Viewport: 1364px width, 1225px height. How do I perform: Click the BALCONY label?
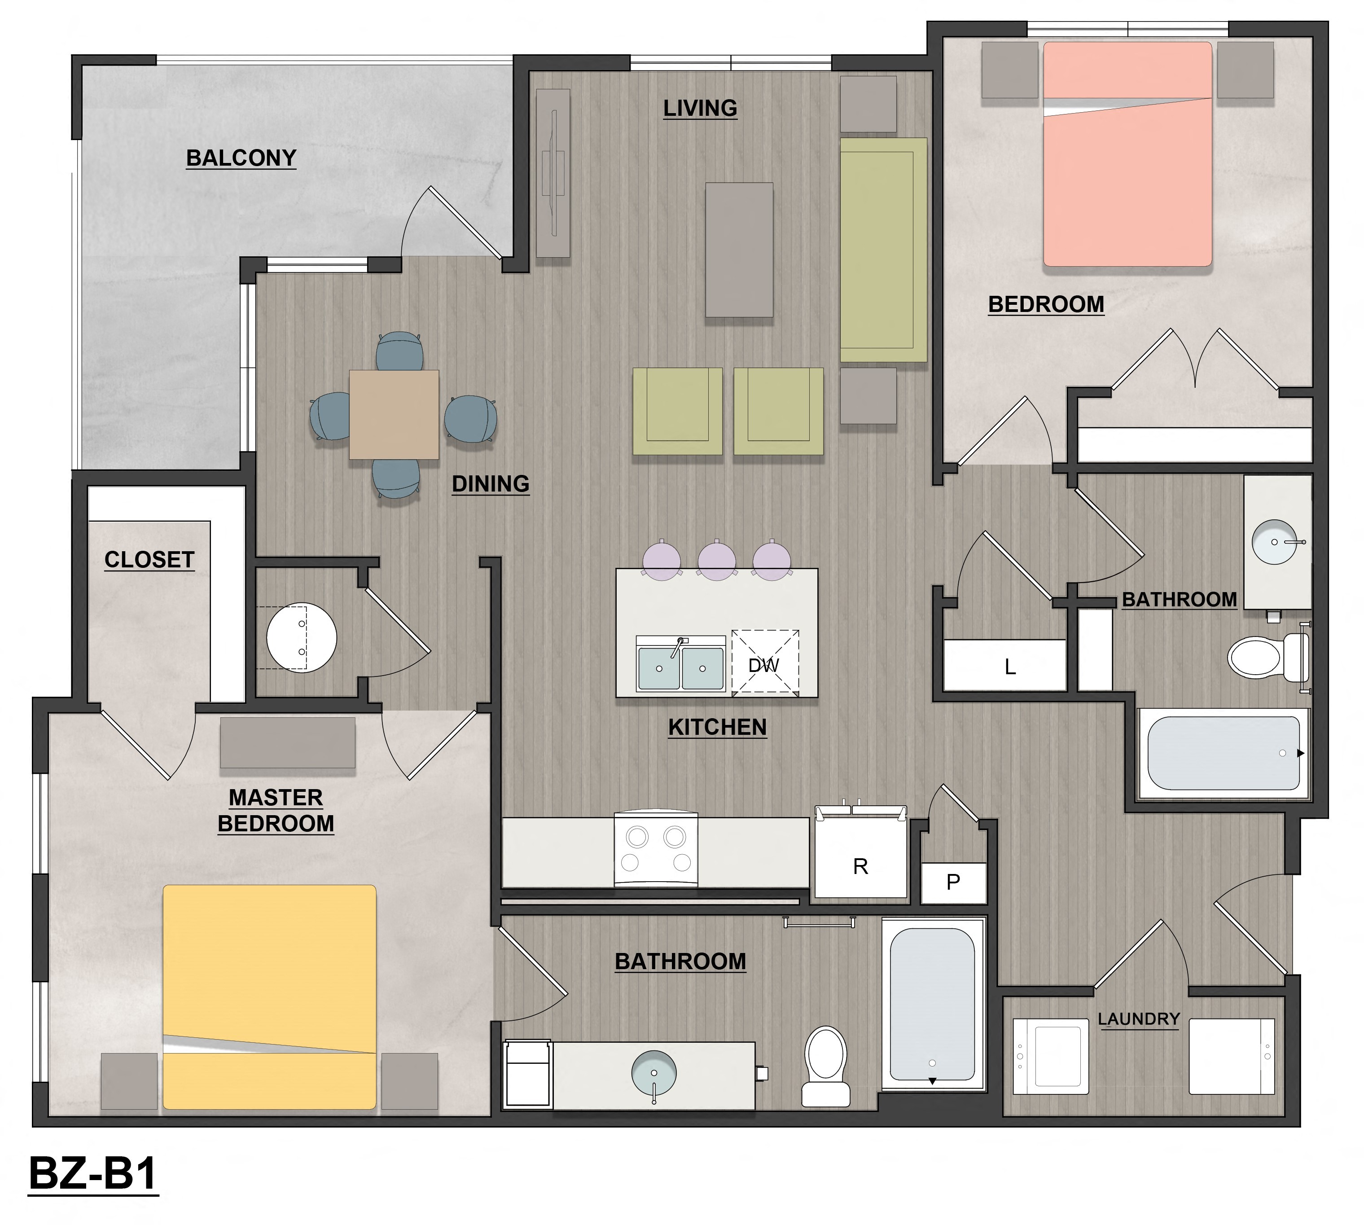pyautogui.click(x=241, y=158)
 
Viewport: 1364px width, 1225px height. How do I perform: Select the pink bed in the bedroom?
pyautogui.click(x=1127, y=155)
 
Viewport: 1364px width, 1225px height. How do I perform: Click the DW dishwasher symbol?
pyautogui.click(x=764, y=664)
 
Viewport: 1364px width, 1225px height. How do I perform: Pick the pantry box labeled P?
pyautogui.click(x=953, y=882)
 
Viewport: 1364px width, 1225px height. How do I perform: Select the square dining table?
pyautogui.click(x=394, y=414)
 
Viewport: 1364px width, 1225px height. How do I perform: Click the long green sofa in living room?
pyautogui.click(x=883, y=249)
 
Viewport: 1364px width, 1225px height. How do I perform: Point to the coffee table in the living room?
pyautogui.click(x=739, y=249)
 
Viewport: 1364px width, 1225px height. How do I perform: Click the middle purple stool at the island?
pyautogui.click(x=717, y=560)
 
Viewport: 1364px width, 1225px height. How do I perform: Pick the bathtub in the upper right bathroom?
pyautogui.click(x=1224, y=752)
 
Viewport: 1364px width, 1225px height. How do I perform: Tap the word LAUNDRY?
pyautogui.click(x=1139, y=1019)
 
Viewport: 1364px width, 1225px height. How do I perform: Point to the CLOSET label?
pyautogui.click(x=149, y=559)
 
